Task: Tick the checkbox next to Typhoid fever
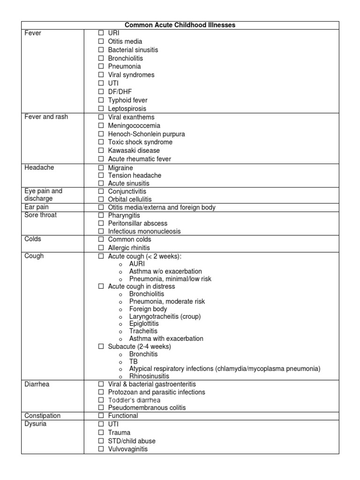pos(101,100)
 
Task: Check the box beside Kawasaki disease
pos(101,150)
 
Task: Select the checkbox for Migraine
pos(101,168)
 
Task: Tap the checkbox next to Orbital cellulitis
pos(101,200)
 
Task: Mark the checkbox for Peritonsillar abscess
pos(101,224)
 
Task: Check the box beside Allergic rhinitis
pos(101,247)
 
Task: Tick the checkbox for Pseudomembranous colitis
pos(101,408)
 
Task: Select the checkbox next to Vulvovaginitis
pos(101,449)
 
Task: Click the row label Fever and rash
pos(46,117)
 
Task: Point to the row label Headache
pos(37,167)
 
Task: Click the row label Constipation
pos(42,416)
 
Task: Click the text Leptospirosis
pos(127,109)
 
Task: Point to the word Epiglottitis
pos(144,323)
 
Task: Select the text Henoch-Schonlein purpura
pos(146,134)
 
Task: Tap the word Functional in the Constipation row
pos(123,416)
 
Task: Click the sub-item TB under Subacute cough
pos(133,362)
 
